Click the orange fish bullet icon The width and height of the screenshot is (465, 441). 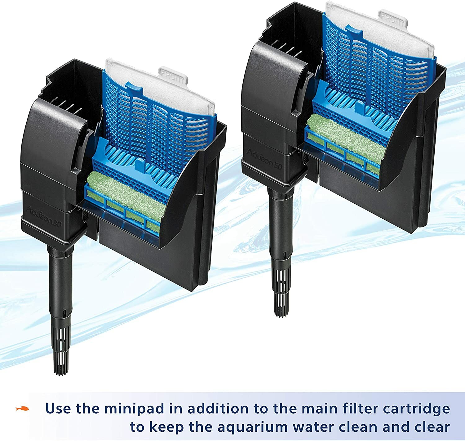tap(22, 408)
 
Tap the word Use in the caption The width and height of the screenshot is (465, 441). tap(59, 409)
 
